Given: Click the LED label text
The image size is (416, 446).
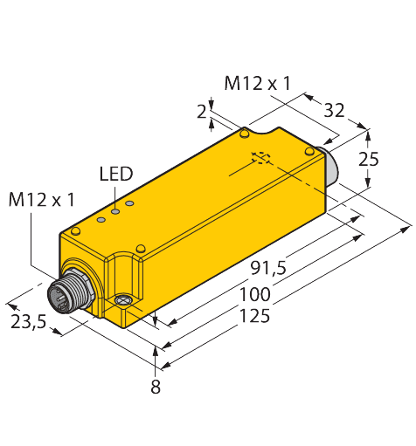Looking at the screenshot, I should (x=115, y=174).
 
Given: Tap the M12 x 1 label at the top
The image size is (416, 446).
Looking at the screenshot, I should (x=257, y=84).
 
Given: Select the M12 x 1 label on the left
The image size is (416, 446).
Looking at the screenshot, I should (x=40, y=200).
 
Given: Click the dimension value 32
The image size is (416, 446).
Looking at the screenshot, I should (x=334, y=111).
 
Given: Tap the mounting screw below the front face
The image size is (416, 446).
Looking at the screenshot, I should (x=123, y=302).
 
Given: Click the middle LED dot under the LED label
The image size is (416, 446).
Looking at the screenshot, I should (x=114, y=209).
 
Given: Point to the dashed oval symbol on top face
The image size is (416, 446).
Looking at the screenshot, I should (x=260, y=158).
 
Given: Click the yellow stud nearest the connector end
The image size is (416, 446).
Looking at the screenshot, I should (x=76, y=231).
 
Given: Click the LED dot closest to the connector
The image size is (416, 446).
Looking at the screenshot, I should (x=101, y=214).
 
